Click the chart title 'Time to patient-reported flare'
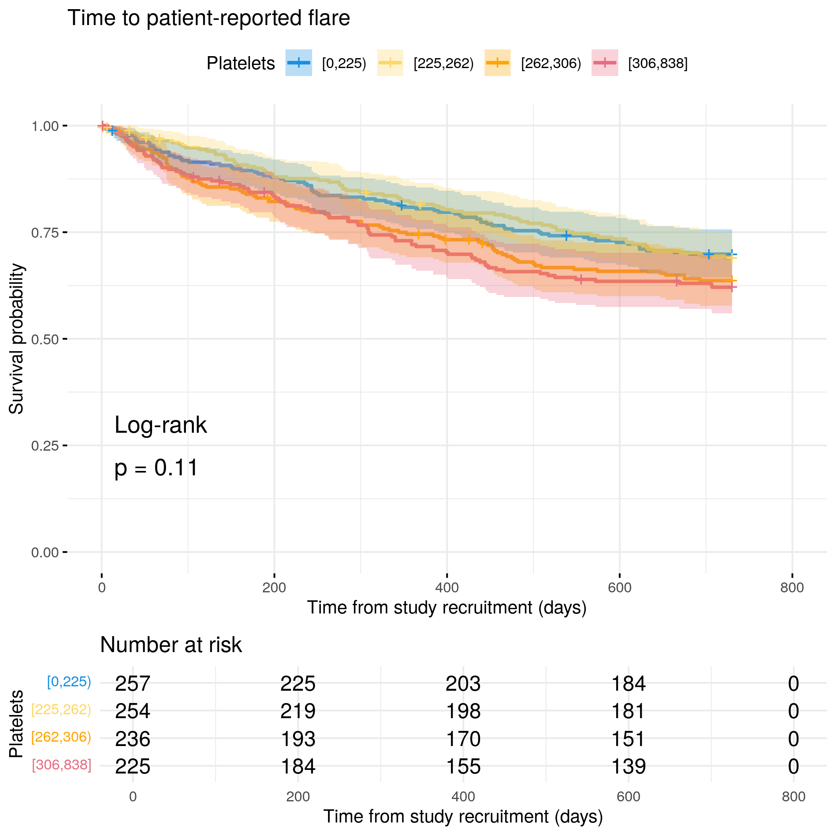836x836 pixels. pyautogui.click(x=209, y=18)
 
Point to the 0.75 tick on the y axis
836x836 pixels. pyautogui.click(x=65, y=232)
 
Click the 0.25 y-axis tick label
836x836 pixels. pyautogui.click(x=45, y=446)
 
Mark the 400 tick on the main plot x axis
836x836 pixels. pyautogui.click(x=447, y=576)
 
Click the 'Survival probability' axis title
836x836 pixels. pyautogui.click(x=16, y=339)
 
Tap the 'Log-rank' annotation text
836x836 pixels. pyautogui.click(x=160, y=425)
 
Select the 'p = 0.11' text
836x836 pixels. pyautogui.click(x=156, y=468)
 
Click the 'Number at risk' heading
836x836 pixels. pyautogui.click(x=171, y=645)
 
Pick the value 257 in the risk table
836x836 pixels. pyautogui.click(x=133, y=684)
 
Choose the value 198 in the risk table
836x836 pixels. pyautogui.click(x=463, y=711)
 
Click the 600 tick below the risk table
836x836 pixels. pyautogui.click(x=628, y=797)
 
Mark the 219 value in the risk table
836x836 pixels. pyautogui.click(x=298, y=711)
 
